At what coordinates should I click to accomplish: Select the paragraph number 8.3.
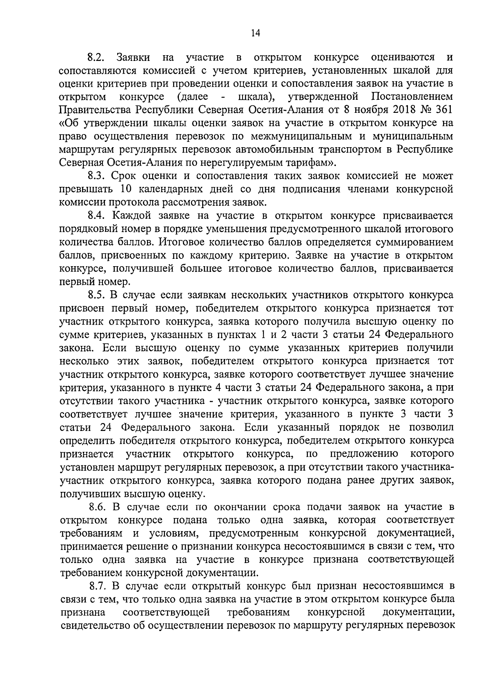[97, 176]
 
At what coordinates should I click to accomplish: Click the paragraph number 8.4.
[97, 216]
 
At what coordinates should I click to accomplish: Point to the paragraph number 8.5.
[97, 295]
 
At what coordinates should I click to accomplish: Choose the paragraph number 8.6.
[97, 507]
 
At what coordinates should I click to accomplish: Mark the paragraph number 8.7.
[97, 586]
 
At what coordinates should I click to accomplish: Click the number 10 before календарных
[127, 190]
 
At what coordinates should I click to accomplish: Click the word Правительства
[95, 110]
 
